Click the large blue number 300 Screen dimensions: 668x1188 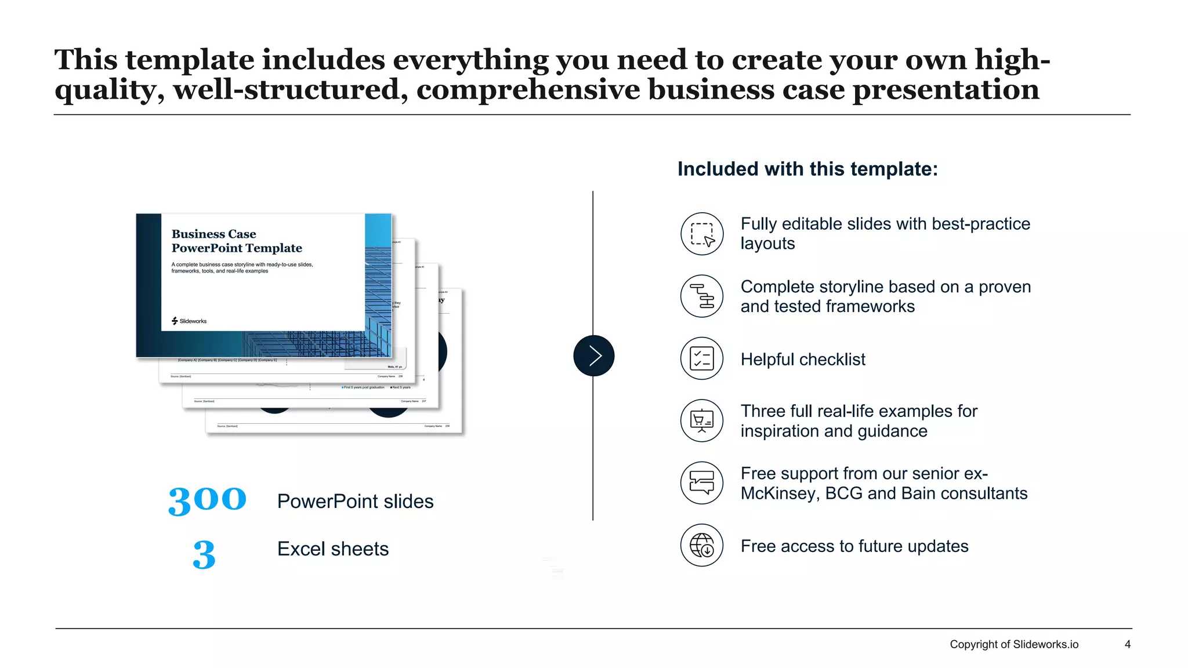tap(207, 500)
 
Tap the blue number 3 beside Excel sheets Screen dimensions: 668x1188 tap(204, 554)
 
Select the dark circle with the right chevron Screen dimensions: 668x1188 tap(593, 355)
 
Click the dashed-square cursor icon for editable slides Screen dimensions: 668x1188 tap(702, 234)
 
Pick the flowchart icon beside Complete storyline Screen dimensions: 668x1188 tap(702, 296)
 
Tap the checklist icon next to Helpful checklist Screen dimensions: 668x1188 tap(702, 358)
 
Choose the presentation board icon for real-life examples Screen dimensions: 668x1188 tap(702, 420)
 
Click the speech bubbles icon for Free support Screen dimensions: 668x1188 tap(702, 482)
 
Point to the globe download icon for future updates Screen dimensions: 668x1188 tap(702, 545)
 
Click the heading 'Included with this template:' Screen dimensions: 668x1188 tap(807, 169)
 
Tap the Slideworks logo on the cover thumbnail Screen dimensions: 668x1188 tap(189, 321)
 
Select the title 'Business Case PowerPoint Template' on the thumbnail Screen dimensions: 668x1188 tap(237, 241)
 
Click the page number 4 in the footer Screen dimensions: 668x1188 tap(1127, 644)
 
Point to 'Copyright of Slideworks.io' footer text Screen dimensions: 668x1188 tap(1014, 644)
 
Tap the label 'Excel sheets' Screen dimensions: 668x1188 tap(333, 549)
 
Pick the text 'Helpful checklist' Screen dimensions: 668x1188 tap(803, 360)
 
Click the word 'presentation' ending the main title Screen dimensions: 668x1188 tap(946, 90)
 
